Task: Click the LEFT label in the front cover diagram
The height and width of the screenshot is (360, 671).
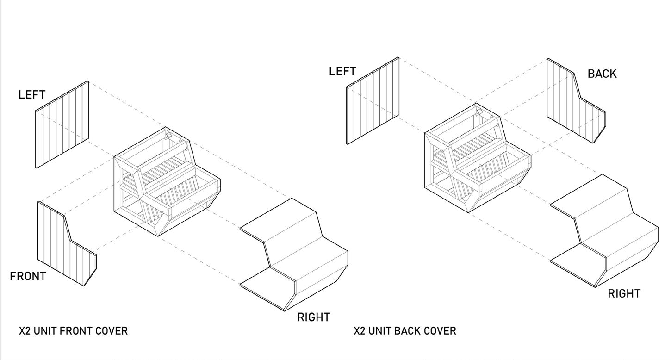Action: (x=32, y=95)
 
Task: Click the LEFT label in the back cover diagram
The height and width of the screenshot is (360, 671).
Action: (x=342, y=71)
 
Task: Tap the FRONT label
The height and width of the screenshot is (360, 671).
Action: (x=28, y=277)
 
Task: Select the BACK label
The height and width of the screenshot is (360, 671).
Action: (x=602, y=74)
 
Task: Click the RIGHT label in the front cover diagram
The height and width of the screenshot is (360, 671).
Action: (x=313, y=317)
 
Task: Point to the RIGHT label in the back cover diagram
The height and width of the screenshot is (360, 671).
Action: (x=624, y=294)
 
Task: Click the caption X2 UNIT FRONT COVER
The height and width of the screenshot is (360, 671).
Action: (x=73, y=331)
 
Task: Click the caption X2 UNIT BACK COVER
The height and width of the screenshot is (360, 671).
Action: (x=405, y=331)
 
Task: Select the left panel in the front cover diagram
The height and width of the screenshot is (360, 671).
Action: (x=62, y=124)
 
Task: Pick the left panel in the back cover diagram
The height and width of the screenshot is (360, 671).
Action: (x=373, y=100)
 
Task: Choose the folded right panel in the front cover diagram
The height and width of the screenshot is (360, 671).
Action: (x=296, y=254)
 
